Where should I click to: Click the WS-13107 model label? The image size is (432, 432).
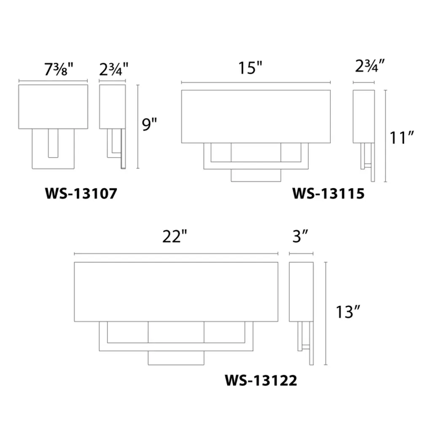point(81,193)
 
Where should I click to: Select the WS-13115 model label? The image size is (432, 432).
point(328,193)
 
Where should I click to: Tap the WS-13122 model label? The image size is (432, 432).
point(261,381)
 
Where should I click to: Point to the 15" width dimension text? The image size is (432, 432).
point(250,68)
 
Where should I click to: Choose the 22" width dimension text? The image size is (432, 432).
point(174,236)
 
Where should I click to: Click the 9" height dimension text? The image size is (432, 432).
point(149,124)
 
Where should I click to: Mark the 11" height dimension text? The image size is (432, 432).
point(402,138)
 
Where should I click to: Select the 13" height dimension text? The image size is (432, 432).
point(348,312)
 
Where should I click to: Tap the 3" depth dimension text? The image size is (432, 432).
point(300,236)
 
